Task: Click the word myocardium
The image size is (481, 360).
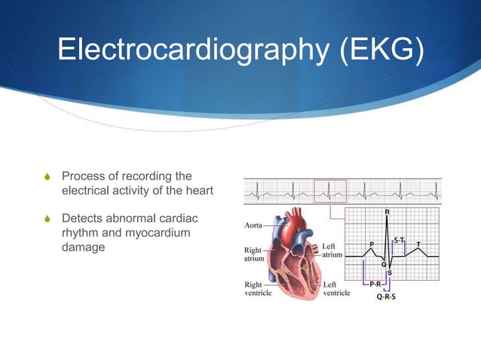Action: pyautogui.click(x=161, y=233)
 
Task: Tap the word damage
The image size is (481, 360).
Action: pyautogui.click(x=83, y=247)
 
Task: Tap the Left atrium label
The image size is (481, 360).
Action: pyautogui.click(x=333, y=250)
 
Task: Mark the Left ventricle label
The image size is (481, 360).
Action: pyautogui.click(x=335, y=289)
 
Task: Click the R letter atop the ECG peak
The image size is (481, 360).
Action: pyautogui.click(x=388, y=212)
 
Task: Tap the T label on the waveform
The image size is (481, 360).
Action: pyautogui.click(x=419, y=243)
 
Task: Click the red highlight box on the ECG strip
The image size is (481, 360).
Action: pyautogui.click(x=330, y=191)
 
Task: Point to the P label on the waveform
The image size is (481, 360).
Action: pyautogui.click(x=371, y=243)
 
